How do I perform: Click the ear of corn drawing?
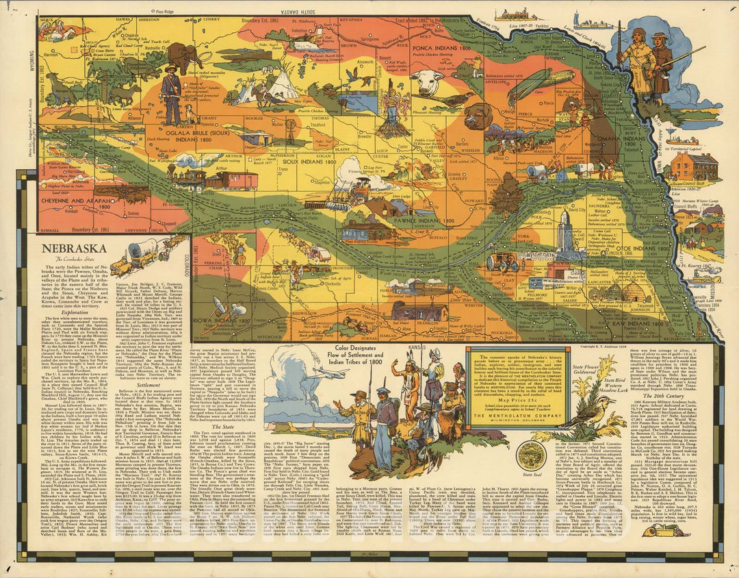point(544,87)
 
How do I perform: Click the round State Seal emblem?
point(531,455)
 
